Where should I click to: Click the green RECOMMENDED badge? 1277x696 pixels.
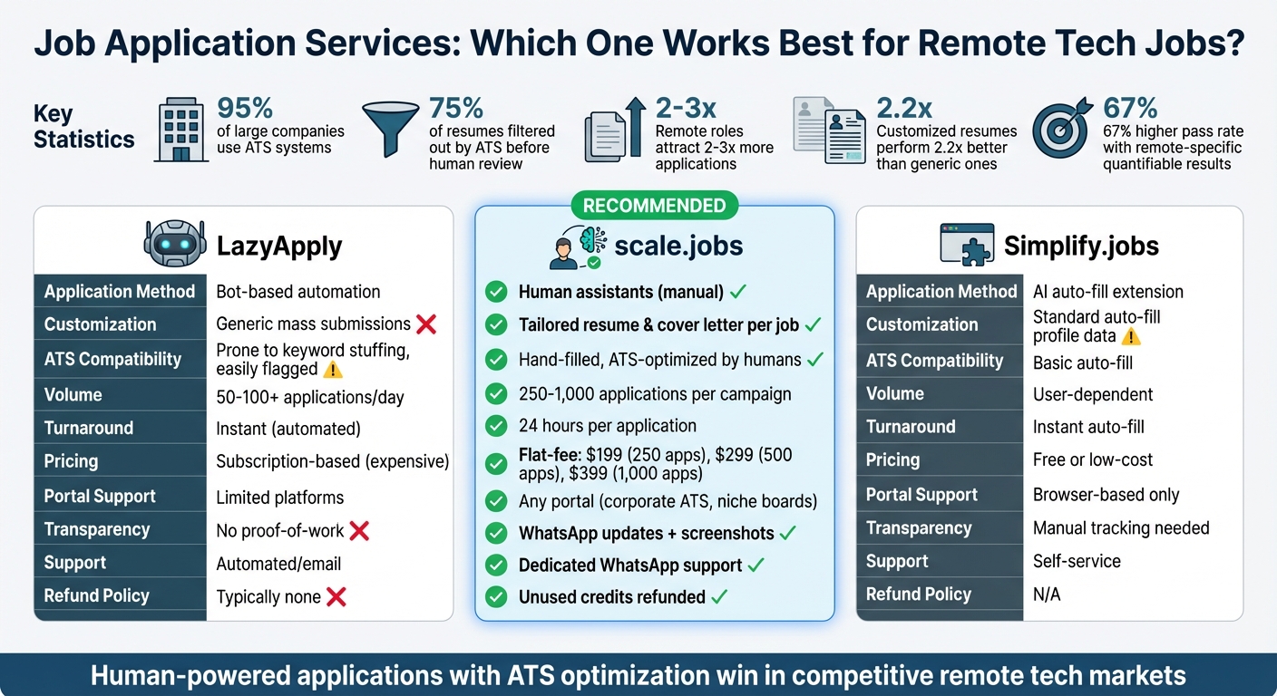pyautogui.click(x=654, y=206)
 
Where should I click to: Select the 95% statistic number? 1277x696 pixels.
pyautogui.click(x=245, y=108)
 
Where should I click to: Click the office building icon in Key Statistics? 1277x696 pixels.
pyautogui.click(x=181, y=130)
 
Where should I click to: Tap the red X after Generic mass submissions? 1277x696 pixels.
pyautogui.click(x=426, y=324)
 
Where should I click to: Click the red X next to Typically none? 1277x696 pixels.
pyautogui.click(x=336, y=596)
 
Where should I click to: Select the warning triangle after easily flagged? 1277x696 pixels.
pyautogui.click(x=332, y=370)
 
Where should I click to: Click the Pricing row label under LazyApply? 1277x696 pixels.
pyautogui.click(x=71, y=461)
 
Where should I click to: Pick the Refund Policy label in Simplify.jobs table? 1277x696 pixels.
pyautogui.click(x=918, y=594)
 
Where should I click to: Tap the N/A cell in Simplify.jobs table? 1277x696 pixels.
pyautogui.click(x=1047, y=594)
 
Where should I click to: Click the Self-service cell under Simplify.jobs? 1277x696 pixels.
pyautogui.click(x=1077, y=561)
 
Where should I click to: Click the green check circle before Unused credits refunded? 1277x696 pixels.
pyautogui.click(x=496, y=597)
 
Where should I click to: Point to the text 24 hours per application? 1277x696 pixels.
pyautogui.click(x=608, y=426)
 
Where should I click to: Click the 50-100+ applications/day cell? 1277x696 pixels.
pyautogui.click(x=310, y=396)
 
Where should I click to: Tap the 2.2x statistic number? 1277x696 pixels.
pyautogui.click(x=904, y=108)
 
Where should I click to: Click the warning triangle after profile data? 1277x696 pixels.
pyautogui.click(x=1130, y=336)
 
